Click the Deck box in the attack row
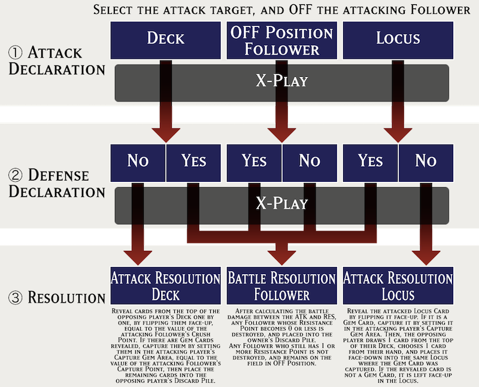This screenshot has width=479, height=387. click(x=165, y=38)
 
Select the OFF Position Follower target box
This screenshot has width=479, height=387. click(x=281, y=38)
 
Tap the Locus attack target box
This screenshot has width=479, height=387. click(x=398, y=38)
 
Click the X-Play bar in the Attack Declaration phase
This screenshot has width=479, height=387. click(x=281, y=80)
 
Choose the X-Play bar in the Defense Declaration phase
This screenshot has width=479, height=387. click(x=281, y=203)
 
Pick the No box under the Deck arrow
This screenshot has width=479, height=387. click(x=137, y=161)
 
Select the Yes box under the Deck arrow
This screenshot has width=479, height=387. click(x=193, y=161)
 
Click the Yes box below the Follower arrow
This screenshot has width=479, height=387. click(x=254, y=161)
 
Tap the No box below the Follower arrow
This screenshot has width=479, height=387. click(x=310, y=161)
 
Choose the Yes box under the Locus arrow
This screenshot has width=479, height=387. click(x=370, y=161)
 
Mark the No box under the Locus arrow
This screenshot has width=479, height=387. click(x=425, y=161)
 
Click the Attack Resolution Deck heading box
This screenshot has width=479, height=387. click(x=165, y=286)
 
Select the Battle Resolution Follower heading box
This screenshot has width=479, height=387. click(x=281, y=286)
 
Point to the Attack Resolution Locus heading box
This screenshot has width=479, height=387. click(x=398, y=286)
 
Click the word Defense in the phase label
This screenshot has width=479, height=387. click(x=58, y=175)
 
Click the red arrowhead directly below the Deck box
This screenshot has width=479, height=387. click(x=165, y=133)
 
